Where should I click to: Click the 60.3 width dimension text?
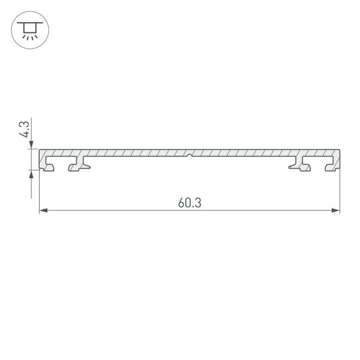(x=189, y=203)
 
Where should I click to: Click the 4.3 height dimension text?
(x=24, y=130)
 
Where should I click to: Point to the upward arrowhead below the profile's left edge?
(x=32, y=174)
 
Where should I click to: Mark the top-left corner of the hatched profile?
(x=40, y=151)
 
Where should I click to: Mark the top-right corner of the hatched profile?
(x=339, y=151)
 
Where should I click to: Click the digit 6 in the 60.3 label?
(x=181, y=203)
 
